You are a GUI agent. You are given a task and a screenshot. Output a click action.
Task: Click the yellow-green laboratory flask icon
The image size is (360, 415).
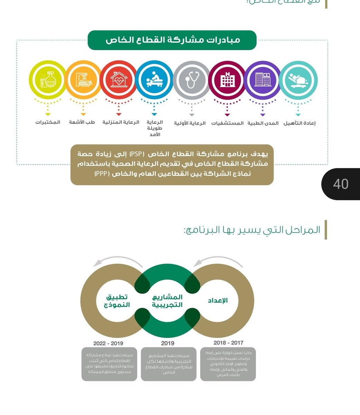coord(47,80)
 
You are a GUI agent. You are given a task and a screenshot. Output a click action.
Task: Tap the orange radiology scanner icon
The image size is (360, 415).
coord(83,80)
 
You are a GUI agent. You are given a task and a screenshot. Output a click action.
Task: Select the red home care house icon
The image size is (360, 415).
coord(119,80)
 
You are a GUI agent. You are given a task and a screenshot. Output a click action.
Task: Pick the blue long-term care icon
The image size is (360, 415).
coord(154,80)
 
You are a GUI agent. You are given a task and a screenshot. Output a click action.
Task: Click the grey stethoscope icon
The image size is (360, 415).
coord(192,80)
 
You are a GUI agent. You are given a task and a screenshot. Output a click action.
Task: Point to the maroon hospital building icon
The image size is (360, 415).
coord(227,80)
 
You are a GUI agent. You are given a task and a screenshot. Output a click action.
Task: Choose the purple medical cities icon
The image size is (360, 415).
coord(262,80)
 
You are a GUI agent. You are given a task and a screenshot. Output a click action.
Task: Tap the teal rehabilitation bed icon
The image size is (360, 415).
coord(298,80)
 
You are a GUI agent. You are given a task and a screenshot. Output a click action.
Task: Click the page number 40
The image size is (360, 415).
coord(341,184)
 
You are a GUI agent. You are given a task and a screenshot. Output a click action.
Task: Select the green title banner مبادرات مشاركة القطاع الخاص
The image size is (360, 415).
coord(172,40)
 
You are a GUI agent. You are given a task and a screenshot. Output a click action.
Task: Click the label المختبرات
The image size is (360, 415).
coord(48,122)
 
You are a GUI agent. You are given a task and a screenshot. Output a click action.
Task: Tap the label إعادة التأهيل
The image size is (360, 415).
coord(299,123)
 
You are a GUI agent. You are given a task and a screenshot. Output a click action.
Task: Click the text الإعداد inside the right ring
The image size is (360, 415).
coord(218,300)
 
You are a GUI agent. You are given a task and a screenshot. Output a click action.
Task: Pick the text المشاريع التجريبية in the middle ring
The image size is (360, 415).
coord(168,301)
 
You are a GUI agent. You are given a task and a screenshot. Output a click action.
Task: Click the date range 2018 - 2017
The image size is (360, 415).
coord(228,343)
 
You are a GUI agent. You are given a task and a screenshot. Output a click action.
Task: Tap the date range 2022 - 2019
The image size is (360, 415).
coord(108,343)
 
